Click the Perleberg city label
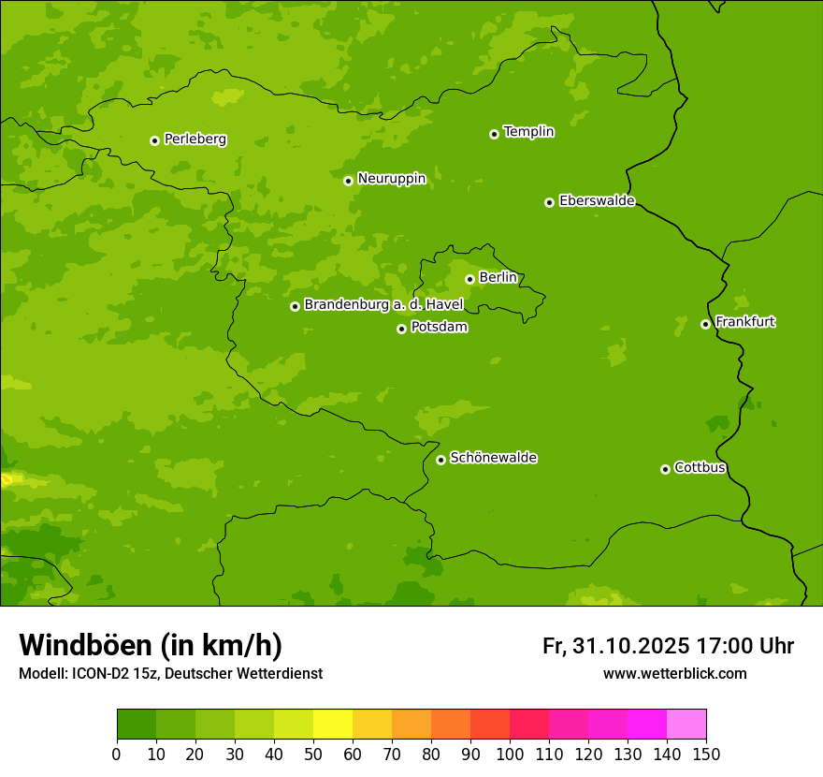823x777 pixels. pos(195,139)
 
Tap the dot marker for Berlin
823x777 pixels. pos(469,279)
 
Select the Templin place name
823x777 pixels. pos(529,132)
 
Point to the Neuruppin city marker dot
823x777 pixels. pos(348,181)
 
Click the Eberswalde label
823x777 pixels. pos(597,201)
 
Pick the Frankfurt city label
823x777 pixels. pos(745,322)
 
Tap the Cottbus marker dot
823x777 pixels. pos(665,469)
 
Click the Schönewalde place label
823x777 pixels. pos(494,458)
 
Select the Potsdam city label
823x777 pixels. pos(440,328)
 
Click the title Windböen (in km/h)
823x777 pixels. pos(151,645)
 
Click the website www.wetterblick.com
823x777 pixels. pos(675,673)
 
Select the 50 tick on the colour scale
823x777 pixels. pos(313,754)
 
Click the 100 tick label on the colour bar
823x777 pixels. pos(510,754)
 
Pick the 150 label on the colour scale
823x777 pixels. pos(706,754)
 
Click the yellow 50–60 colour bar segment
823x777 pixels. pos(333,725)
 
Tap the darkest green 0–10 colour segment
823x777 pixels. pos(137,725)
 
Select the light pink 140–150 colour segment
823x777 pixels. pos(686,725)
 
